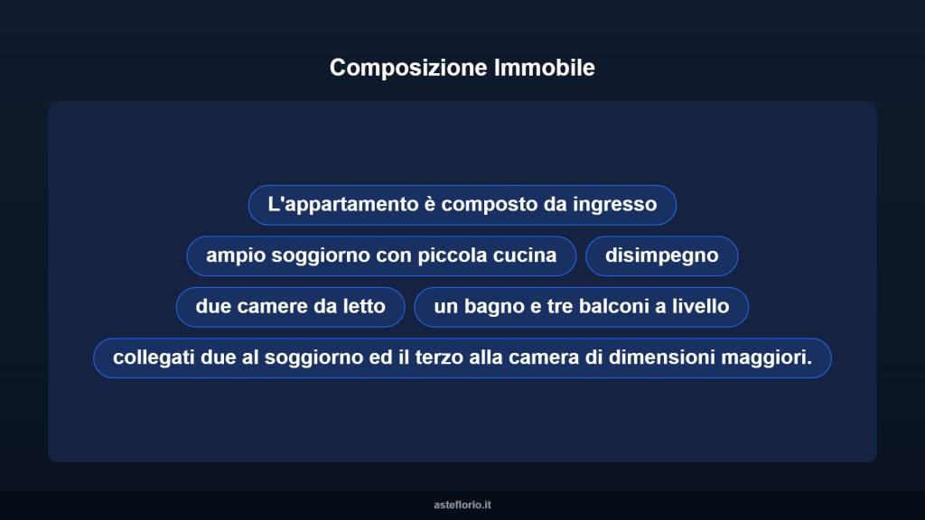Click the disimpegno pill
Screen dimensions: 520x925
pyautogui.click(x=661, y=255)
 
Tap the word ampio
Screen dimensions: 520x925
pyautogui.click(x=231, y=255)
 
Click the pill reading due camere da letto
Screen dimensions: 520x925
pyautogui.click(x=290, y=307)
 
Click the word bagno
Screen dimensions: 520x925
pyautogui.click(x=494, y=307)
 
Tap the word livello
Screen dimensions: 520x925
pyautogui.click(x=697, y=307)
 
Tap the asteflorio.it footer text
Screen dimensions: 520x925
pyautogui.click(x=462, y=505)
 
